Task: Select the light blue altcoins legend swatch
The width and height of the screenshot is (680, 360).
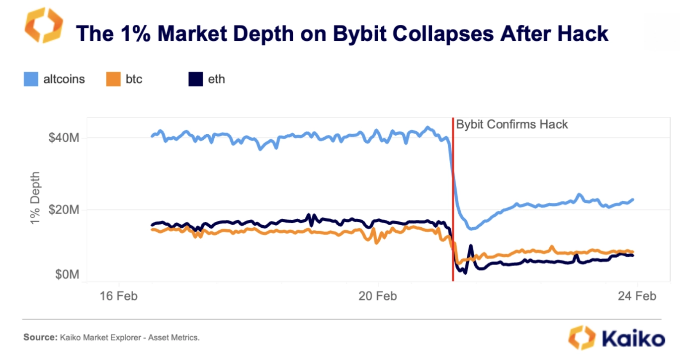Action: point(31,79)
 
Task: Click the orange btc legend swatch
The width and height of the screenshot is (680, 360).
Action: point(113,79)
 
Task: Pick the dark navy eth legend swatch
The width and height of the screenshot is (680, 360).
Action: point(195,79)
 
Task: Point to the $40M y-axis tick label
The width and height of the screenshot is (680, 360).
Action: point(64,138)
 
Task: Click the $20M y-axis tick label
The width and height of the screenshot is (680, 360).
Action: point(64,210)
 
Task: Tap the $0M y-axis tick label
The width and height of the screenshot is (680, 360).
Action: point(66,274)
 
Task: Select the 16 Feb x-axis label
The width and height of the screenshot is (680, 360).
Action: point(118,296)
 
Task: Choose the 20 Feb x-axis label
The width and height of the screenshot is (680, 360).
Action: point(377,296)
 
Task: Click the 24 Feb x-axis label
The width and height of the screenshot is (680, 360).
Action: point(637,296)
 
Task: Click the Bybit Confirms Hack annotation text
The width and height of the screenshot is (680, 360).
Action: point(512,124)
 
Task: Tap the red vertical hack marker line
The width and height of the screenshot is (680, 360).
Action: point(453,199)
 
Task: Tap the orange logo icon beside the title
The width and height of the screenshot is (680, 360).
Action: point(44,25)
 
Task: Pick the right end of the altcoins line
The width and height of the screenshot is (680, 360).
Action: point(633,199)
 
